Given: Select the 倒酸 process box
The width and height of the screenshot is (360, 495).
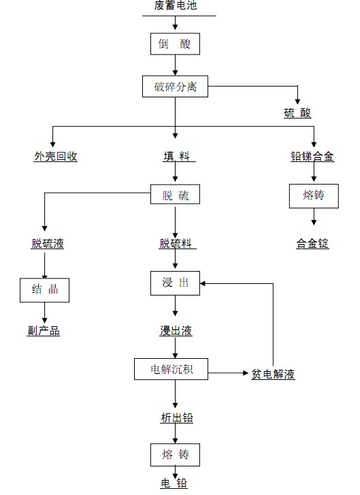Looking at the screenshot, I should pos(176,44).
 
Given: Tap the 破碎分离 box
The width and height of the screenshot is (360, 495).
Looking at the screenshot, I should pos(175,86).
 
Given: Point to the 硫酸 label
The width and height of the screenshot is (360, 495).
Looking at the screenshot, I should pos(297,113).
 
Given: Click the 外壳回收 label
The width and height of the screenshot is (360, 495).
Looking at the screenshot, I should pos(56,157).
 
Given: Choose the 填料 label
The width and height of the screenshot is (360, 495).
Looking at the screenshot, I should pos(175,157).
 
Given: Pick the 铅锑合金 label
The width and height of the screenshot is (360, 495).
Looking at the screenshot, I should pos(312,157).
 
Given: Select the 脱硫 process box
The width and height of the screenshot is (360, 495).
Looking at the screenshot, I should pos(176,196).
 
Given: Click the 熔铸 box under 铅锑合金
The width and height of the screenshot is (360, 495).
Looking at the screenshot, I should pos(313,196).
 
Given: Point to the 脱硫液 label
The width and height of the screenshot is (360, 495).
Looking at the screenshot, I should pos(48,244).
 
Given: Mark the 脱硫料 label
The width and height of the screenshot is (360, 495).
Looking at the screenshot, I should pos(176,244).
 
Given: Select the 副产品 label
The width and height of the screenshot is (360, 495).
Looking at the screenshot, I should pos(44,331).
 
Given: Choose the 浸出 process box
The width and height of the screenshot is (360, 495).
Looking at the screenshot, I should pos(176,283).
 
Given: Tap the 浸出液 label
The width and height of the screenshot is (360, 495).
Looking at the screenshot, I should pos(176,331).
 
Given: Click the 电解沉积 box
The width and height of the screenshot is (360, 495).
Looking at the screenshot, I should pos(171,369).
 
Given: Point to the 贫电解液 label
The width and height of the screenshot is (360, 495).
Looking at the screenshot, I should pos(273,374).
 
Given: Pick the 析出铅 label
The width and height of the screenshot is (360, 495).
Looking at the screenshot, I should pos(176,418).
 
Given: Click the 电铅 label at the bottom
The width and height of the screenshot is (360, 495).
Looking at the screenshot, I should pos(174,483).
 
